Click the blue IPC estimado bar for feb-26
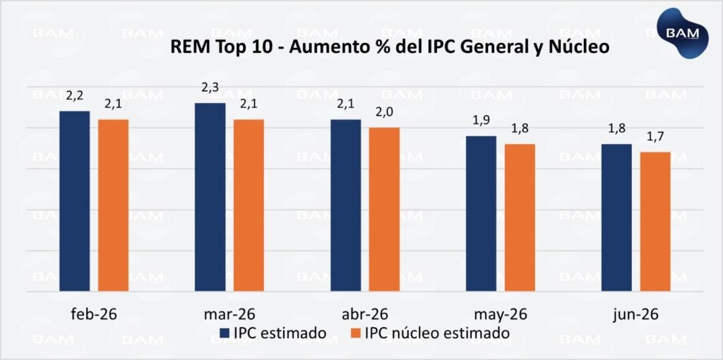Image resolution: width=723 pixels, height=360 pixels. [x=74, y=201]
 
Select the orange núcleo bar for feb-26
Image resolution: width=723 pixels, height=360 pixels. [x=113, y=205]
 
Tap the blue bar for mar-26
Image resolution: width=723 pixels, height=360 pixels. [x=210, y=197]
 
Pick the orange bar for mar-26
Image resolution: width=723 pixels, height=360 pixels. [x=249, y=205]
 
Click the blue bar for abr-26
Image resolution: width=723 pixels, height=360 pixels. [x=345, y=205]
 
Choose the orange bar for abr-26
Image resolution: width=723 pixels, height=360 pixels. [x=384, y=209]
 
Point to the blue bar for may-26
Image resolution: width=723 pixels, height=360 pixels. [x=481, y=213]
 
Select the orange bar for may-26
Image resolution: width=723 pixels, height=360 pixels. [x=520, y=217]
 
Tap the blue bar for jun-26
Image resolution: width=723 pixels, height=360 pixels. [x=616, y=217]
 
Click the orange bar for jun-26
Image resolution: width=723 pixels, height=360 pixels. [x=655, y=221]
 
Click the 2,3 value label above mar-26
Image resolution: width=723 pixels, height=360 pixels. [x=210, y=88]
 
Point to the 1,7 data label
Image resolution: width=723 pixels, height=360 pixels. [x=655, y=136]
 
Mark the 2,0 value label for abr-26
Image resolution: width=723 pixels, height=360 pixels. [x=384, y=112]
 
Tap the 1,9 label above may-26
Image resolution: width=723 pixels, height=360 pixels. [x=482, y=120]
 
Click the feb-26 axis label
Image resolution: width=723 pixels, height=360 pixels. [x=94, y=313]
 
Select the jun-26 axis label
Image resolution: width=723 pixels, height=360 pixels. [x=636, y=313]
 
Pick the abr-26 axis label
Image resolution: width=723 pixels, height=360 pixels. [x=364, y=313]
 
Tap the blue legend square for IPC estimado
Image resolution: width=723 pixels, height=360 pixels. [x=225, y=332]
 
